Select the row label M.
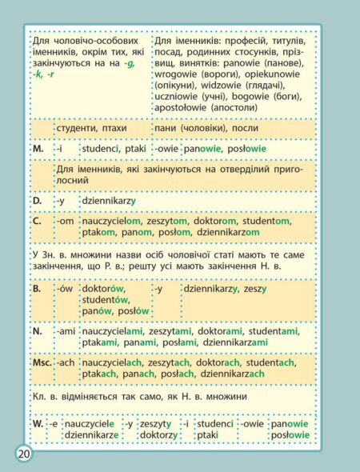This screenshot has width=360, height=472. (38, 149)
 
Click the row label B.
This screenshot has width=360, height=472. (37, 287)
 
